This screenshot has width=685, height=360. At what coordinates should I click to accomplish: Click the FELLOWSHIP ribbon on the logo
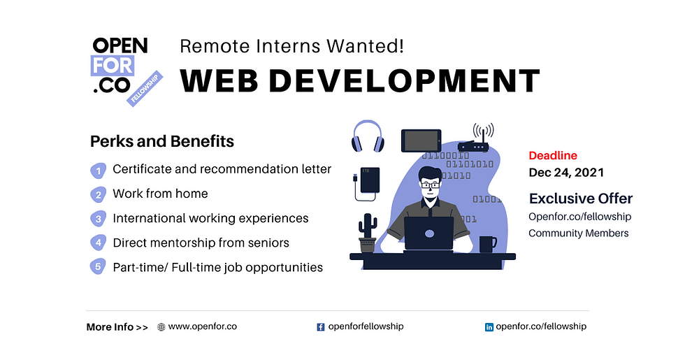coord(145,88)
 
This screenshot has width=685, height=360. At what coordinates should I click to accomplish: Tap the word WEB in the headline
coord(219,81)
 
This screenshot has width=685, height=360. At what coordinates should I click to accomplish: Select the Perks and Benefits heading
coord(162,141)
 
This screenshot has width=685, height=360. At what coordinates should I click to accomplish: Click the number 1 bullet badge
coord(99,171)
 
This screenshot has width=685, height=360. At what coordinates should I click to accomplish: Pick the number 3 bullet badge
coord(99,219)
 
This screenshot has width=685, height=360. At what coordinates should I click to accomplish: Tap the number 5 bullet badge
coord(98,266)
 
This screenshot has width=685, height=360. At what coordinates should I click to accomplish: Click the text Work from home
coord(160,194)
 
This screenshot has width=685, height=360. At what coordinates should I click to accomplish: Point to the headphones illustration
coord(368,136)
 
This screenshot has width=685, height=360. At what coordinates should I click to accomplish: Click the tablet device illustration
coord(421,141)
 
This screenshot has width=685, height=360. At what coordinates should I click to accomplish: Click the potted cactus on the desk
coord(368,233)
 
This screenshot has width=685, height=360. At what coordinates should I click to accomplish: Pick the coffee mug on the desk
coord(488,245)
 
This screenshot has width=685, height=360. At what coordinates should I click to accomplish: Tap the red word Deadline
coord(553,155)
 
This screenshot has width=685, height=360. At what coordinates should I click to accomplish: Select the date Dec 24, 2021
coord(566,173)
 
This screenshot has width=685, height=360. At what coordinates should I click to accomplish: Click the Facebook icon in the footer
coord(321,327)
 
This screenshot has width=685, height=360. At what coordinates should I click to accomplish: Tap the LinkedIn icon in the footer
coord(489,327)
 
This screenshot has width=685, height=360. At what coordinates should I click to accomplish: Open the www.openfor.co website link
coord(202,326)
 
